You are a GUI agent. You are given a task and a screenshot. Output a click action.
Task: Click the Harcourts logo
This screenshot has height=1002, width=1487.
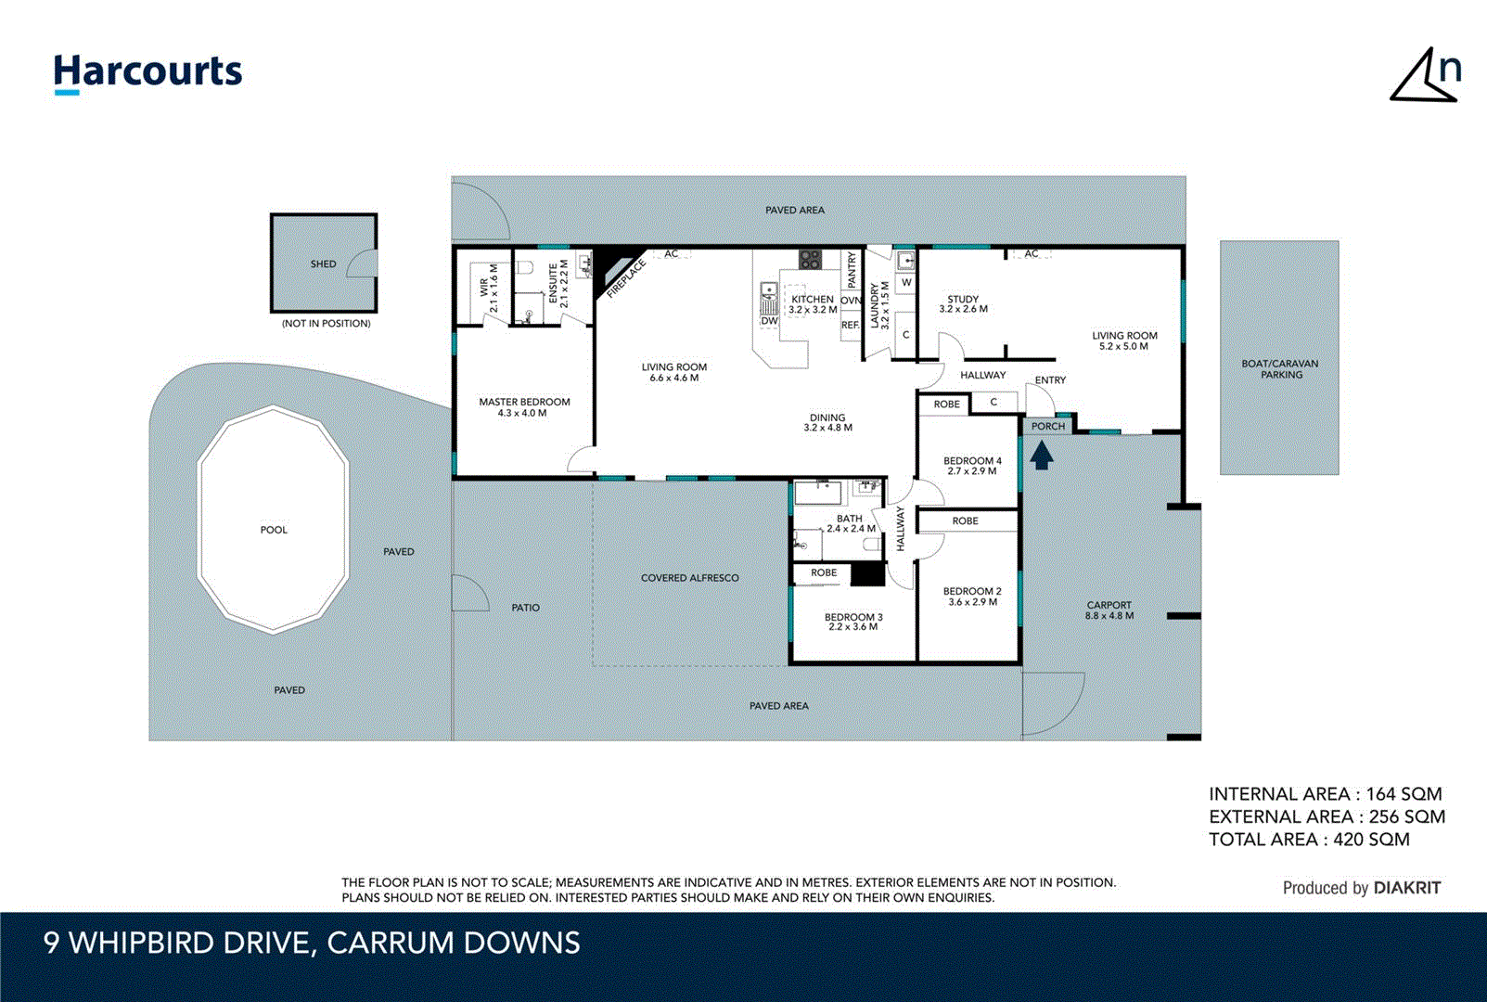pos(147,72)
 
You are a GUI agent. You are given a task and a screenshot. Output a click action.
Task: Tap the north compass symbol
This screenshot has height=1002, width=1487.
pos(1426,77)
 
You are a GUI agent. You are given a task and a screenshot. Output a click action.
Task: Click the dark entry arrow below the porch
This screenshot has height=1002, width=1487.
pos(1042,455)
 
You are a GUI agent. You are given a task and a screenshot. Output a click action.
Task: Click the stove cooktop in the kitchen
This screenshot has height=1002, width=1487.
pos(811,260)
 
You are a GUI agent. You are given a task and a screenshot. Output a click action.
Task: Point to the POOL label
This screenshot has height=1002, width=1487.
pos(274,530)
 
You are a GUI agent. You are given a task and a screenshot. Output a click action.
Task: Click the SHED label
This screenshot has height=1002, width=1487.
pos(323,264)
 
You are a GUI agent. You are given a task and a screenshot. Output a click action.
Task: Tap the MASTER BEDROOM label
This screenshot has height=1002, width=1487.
pos(524,402)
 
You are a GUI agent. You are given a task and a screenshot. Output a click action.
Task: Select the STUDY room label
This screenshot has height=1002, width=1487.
pos(963,300)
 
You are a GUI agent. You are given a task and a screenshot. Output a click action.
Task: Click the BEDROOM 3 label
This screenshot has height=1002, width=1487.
pos(853,617)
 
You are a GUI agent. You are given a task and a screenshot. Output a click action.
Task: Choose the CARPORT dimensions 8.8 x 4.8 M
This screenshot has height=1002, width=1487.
pos(1109,616)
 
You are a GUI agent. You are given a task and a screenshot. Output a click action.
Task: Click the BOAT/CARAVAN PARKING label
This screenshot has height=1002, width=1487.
pos(1280,369)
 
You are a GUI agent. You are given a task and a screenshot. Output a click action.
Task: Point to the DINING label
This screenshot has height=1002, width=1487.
pos(827,417)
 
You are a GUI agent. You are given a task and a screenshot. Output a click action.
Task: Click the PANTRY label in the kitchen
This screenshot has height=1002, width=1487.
pos(852,269)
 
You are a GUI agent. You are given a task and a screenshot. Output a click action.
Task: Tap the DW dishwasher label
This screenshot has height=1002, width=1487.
pos(769,321)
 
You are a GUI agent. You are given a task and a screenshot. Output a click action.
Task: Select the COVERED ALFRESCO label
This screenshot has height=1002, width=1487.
pos(689,578)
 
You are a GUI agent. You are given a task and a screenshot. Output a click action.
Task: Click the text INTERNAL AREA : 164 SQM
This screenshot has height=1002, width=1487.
pos(1325,794)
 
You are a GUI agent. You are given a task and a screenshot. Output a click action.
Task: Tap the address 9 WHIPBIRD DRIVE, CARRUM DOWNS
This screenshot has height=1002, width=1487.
pos(312,943)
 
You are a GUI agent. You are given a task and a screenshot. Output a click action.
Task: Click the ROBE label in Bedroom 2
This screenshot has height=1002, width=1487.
pos(965,520)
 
